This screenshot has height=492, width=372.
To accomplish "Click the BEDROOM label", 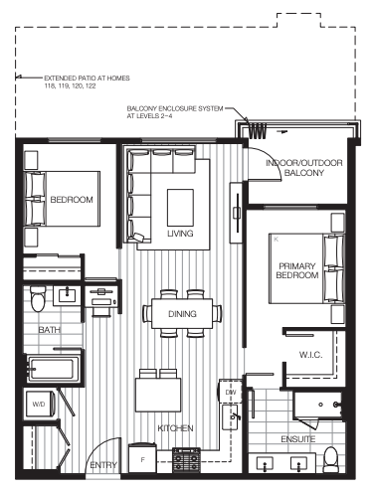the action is pyautogui.click(x=72, y=200).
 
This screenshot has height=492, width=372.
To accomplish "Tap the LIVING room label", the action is pyautogui.click(x=180, y=234).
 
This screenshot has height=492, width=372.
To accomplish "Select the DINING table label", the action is pyautogui.click(x=182, y=314).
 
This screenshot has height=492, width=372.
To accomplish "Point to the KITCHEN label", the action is pyautogui.click(x=175, y=428).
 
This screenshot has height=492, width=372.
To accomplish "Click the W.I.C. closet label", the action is pyautogui.click(x=310, y=355).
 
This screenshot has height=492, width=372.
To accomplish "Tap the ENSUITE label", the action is pyautogui.click(x=298, y=439).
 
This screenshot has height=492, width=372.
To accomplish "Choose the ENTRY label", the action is pyautogui.click(x=103, y=465).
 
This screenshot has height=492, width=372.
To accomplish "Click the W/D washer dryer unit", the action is pyautogui.click(x=40, y=405).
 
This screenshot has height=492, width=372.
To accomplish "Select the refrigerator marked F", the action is pyautogui.click(x=142, y=458).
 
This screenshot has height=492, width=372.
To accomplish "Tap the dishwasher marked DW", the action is pyautogui.click(x=230, y=392).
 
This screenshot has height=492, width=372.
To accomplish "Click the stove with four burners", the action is pyautogui.click(x=187, y=460).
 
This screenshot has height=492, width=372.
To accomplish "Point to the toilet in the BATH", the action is pyautogui.click(x=38, y=298).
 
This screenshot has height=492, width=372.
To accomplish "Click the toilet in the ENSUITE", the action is pyautogui.click(x=331, y=459).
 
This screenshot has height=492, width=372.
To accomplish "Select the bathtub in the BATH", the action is pyautogui.click(x=53, y=369).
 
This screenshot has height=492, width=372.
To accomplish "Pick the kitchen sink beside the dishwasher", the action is pyautogui.click(x=230, y=417).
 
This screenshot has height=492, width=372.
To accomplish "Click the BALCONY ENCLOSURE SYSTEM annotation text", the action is pyautogui.click(x=175, y=112).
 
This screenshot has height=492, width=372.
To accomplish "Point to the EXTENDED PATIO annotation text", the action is pyautogui.click(x=87, y=82).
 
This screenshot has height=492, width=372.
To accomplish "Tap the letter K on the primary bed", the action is pyautogui.click(x=277, y=240).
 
